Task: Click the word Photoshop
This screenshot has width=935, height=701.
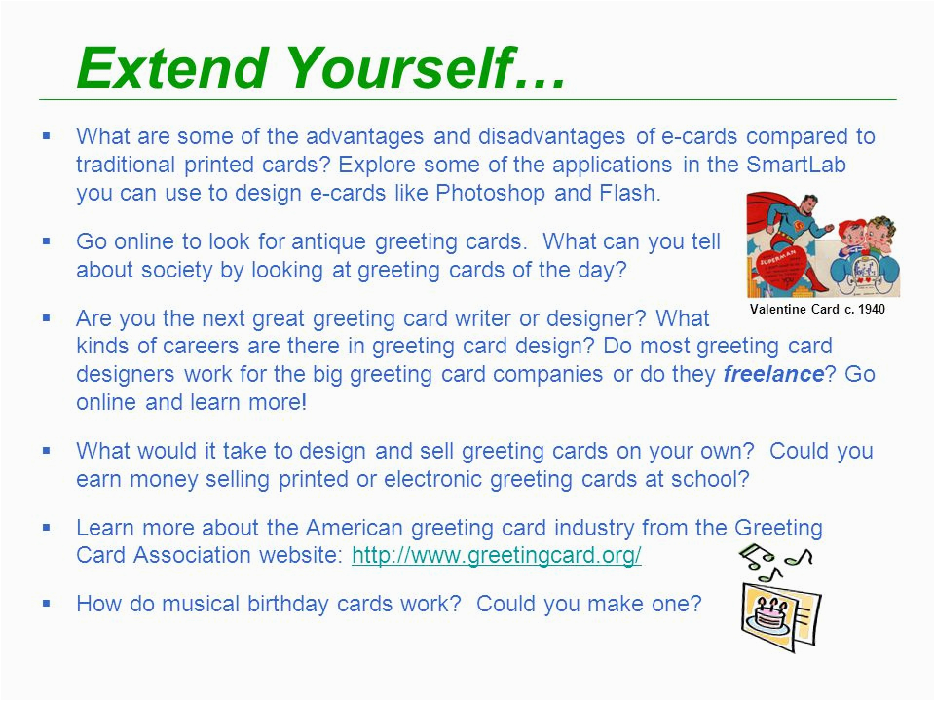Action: point(492,192)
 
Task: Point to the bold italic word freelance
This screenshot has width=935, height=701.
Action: point(773,375)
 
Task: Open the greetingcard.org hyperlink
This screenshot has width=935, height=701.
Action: point(496,555)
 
